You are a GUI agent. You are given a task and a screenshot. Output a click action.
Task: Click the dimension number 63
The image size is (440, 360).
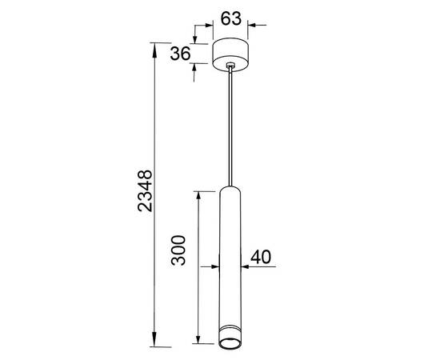click(x=230, y=18)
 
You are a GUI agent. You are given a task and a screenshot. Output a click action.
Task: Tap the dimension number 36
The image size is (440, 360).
click(x=180, y=54)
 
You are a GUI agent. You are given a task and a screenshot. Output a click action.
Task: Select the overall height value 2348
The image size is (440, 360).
click(x=145, y=190)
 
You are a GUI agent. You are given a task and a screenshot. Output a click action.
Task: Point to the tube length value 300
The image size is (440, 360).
click(x=178, y=250)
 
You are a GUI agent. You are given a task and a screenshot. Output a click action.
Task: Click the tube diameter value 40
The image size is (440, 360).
click(x=261, y=257)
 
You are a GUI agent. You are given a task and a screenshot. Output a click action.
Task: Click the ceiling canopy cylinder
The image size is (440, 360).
click(x=230, y=54)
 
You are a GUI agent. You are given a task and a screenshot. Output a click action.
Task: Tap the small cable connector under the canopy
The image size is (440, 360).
click(x=230, y=65)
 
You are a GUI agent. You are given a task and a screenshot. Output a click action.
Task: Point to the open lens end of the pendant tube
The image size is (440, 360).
click(x=230, y=343)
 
